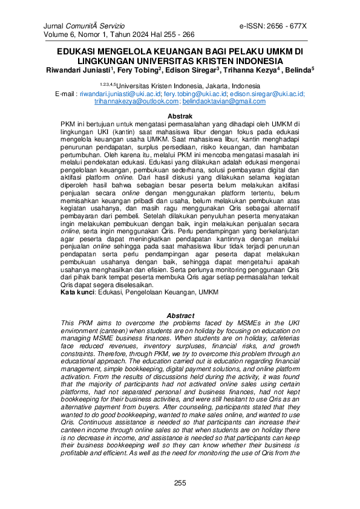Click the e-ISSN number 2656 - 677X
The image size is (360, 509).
point(288,27)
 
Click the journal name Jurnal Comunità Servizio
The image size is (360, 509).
point(84,27)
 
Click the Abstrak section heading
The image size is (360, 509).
point(180,115)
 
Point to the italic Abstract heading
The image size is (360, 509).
point(180,316)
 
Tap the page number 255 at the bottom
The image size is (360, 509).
point(180,482)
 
